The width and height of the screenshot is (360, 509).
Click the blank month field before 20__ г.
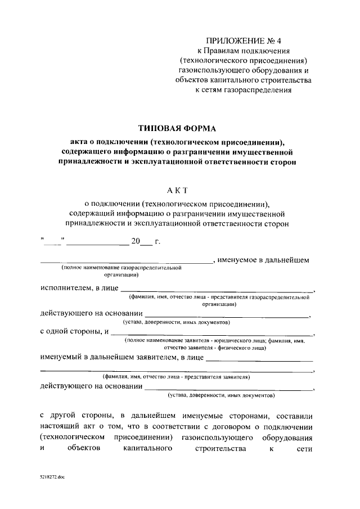coord(97,244)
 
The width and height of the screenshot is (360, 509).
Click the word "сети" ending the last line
coord(306,449)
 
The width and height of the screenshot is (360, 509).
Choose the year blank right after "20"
coord(146,244)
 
